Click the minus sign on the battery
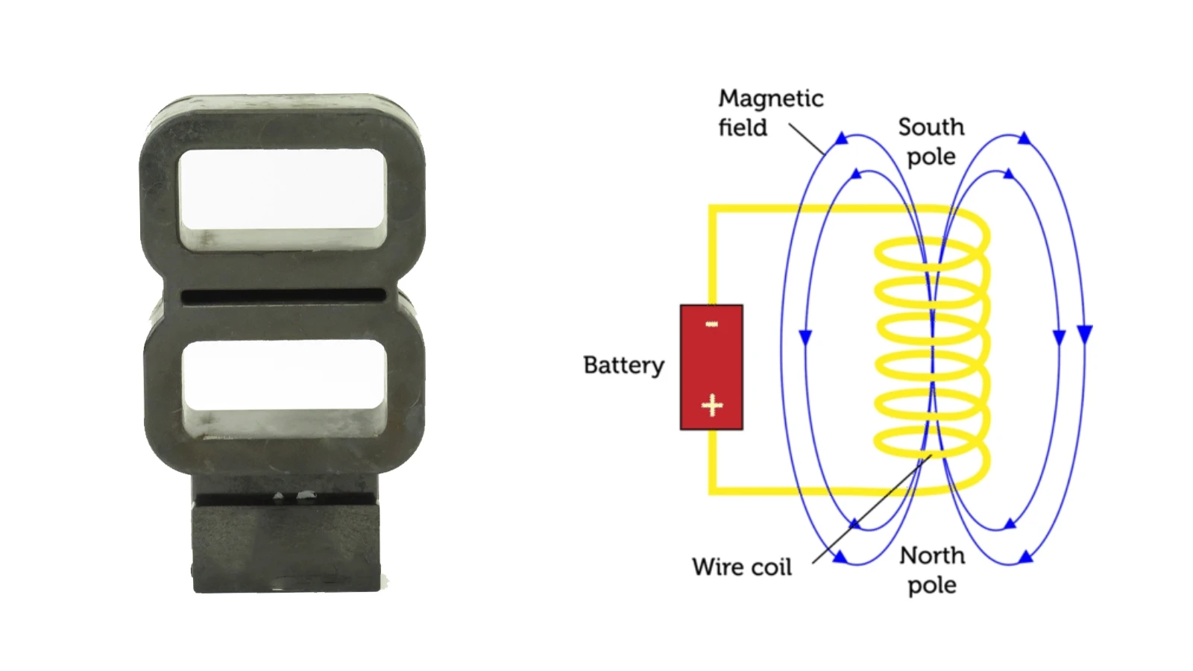[711, 324]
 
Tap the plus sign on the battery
[712, 406]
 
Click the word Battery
[623, 366]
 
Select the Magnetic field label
[771, 113]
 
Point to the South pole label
[931, 142]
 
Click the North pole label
[932, 570]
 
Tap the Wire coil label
[741, 567]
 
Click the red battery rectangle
[711, 368]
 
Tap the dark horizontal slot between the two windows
[283, 296]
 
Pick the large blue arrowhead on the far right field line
[1084, 334]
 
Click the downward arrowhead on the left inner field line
[805, 338]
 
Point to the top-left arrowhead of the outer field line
[841, 139]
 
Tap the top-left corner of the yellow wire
[711, 208]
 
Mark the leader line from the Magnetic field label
[806, 139]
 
